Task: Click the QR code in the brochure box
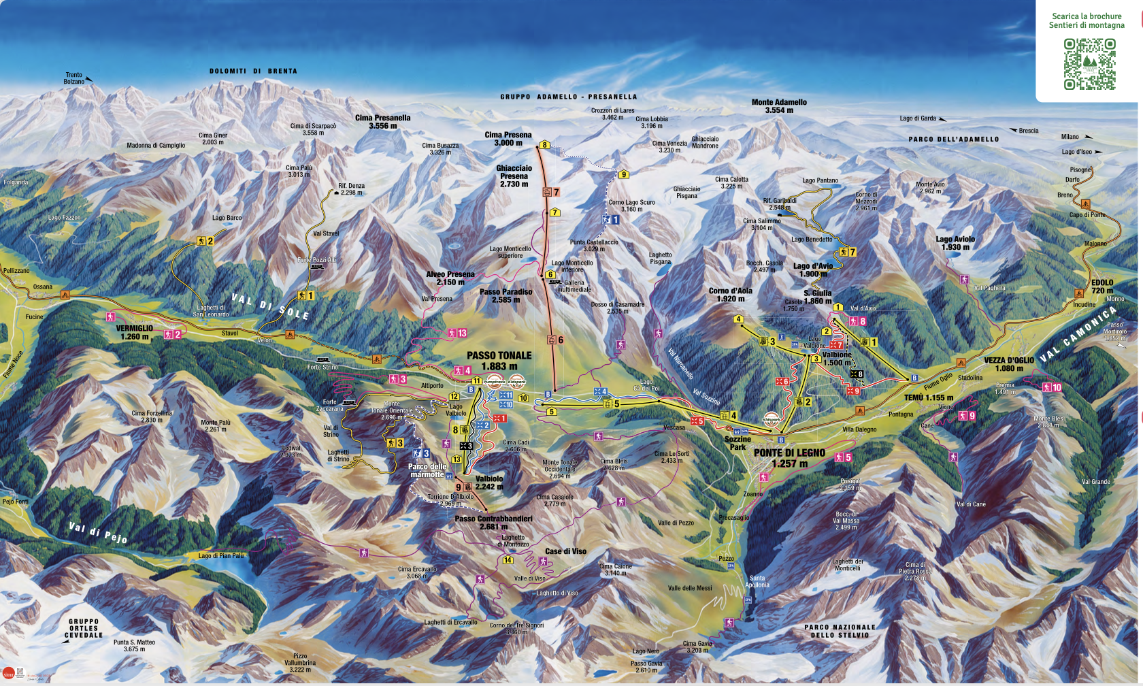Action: tap(1089, 64)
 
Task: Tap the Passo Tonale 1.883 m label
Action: tap(499, 361)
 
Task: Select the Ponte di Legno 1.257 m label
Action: tap(789, 458)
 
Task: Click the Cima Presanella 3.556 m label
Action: tap(383, 122)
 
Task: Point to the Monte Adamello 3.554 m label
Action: tap(779, 106)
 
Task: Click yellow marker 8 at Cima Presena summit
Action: tap(544, 145)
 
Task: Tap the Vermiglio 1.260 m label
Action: tap(134, 332)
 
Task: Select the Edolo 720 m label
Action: tap(1102, 287)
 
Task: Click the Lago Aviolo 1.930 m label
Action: tap(955, 243)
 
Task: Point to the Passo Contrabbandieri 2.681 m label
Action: tap(493, 523)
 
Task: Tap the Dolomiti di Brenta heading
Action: tap(253, 71)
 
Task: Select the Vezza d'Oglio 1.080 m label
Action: tap(1008, 364)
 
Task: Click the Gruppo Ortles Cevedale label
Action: tap(84, 628)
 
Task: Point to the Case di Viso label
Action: tap(565, 551)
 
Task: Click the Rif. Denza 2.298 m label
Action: tap(351, 189)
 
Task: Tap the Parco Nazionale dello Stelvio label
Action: tap(840, 631)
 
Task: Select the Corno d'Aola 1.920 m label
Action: tap(730, 295)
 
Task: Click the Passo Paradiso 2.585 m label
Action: tap(506, 295)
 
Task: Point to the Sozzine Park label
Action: tap(738, 443)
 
